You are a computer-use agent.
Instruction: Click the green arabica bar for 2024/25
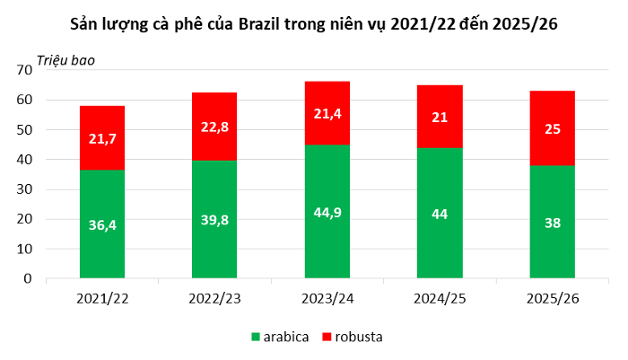(x=440, y=242)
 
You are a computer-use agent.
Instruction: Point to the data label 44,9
(x=327, y=212)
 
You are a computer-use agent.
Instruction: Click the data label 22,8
(x=214, y=127)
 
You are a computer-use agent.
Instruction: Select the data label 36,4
(x=102, y=224)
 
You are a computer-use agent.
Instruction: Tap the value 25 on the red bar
(x=553, y=128)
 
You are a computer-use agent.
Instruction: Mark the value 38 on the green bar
(x=553, y=223)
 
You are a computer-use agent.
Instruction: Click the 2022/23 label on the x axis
(x=214, y=296)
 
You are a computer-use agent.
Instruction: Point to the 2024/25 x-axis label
(x=440, y=296)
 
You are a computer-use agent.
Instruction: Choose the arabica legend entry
(x=281, y=337)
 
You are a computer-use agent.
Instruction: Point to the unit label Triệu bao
(x=65, y=60)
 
